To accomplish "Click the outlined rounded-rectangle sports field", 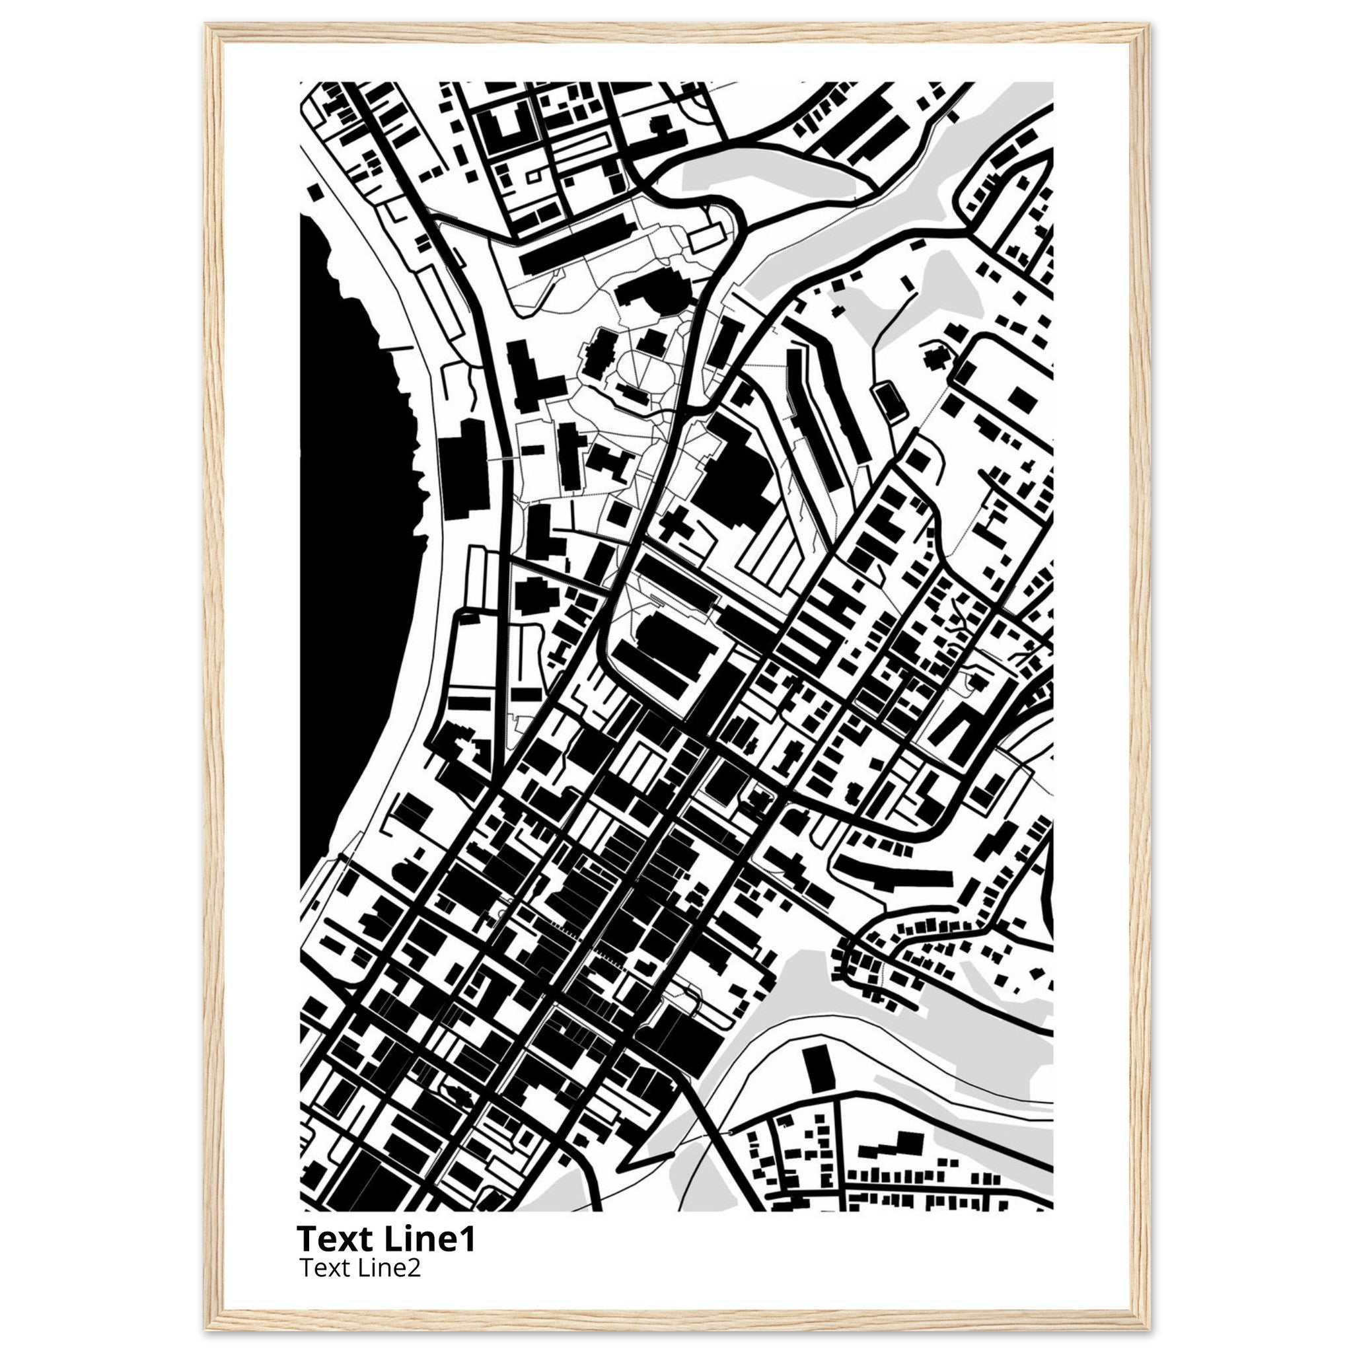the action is coord(890,400).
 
